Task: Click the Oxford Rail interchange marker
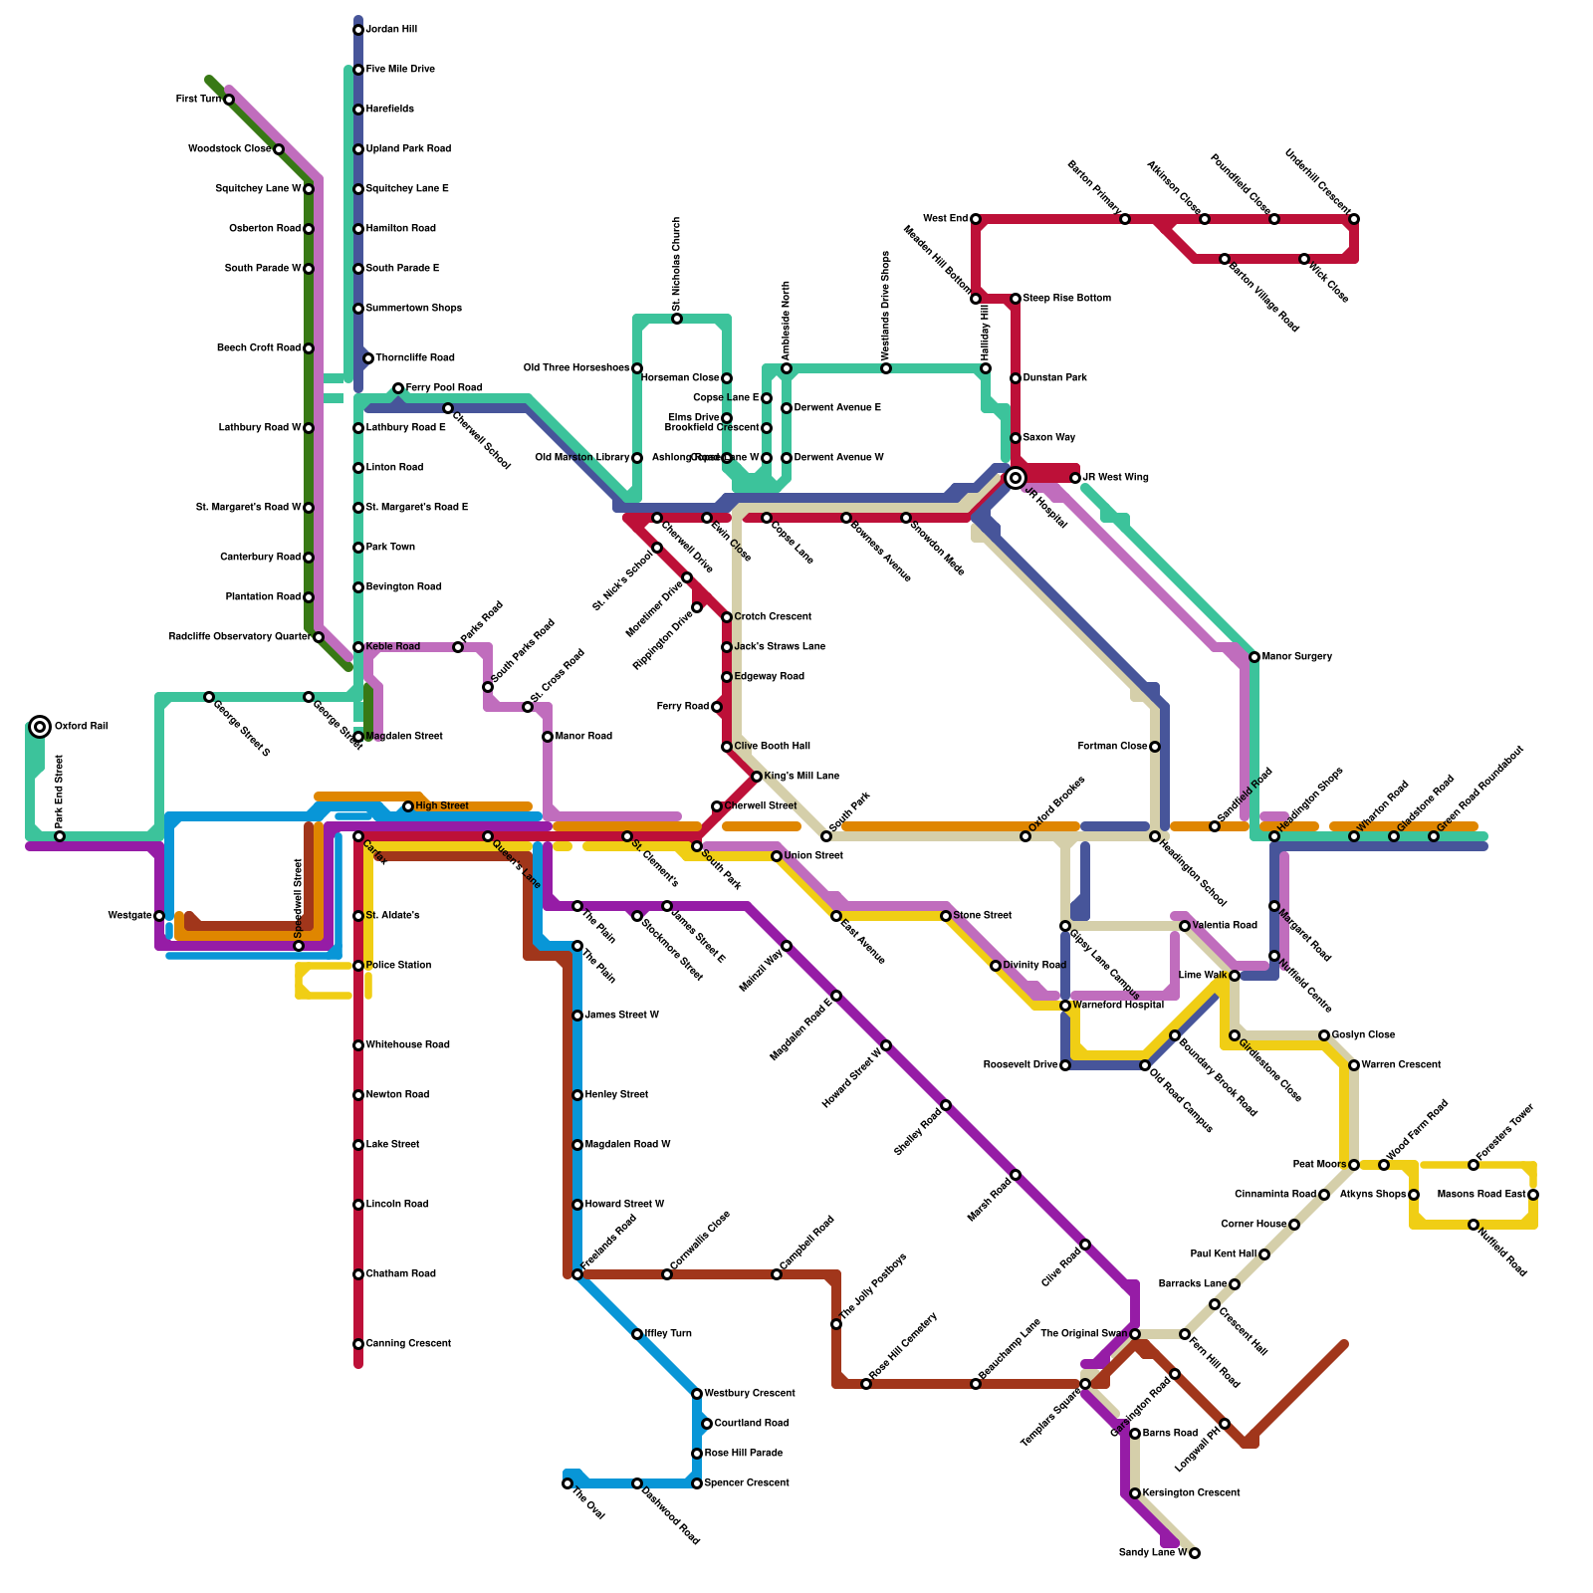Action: [x=40, y=727]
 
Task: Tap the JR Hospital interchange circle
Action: [x=1016, y=478]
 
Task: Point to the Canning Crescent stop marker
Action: [x=358, y=1344]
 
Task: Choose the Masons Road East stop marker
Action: [x=1533, y=1195]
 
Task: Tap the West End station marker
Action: [x=976, y=219]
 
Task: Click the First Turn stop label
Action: [x=198, y=100]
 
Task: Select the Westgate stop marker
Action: [x=159, y=916]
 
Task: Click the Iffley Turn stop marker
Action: [x=637, y=1334]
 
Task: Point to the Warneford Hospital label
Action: [x=1118, y=1006]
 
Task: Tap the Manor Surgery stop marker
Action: [x=1254, y=657]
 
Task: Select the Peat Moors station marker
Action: [x=1354, y=1165]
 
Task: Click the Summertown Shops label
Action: [x=413, y=309]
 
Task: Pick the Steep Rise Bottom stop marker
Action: [x=1016, y=299]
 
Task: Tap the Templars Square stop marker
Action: [x=1085, y=1384]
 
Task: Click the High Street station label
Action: [x=441, y=806]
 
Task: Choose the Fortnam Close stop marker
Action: [x=1155, y=747]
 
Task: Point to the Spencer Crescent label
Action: [x=747, y=1483]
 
